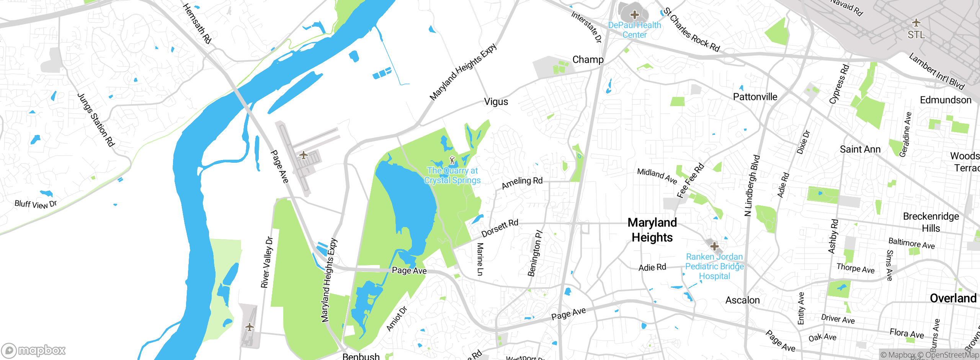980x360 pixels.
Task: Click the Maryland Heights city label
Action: [x=652, y=230]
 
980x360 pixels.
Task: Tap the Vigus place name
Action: [x=496, y=102]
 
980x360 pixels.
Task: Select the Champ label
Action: [x=588, y=60]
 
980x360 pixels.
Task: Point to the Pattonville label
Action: [x=755, y=97]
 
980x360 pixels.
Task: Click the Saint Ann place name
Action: [x=860, y=149]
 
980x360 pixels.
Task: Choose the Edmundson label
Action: [x=946, y=100]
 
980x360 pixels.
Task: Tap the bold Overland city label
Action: [x=953, y=298]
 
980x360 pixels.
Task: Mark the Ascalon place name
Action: [x=743, y=300]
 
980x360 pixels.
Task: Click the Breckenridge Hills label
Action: [x=931, y=222]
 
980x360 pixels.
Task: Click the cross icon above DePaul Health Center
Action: [x=635, y=15]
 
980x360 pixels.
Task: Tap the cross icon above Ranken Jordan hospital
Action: [x=714, y=246]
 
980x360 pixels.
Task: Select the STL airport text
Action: [x=916, y=35]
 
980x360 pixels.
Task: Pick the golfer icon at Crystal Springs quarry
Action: [x=452, y=160]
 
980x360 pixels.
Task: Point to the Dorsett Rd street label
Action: [x=500, y=228]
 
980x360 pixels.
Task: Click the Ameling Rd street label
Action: [x=522, y=183]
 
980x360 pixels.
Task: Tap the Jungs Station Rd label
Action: [x=96, y=120]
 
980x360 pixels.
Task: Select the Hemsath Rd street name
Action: [x=197, y=23]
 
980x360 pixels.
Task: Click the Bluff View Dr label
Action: [x=36, y=204]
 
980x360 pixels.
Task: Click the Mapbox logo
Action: [x=34, y=350]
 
